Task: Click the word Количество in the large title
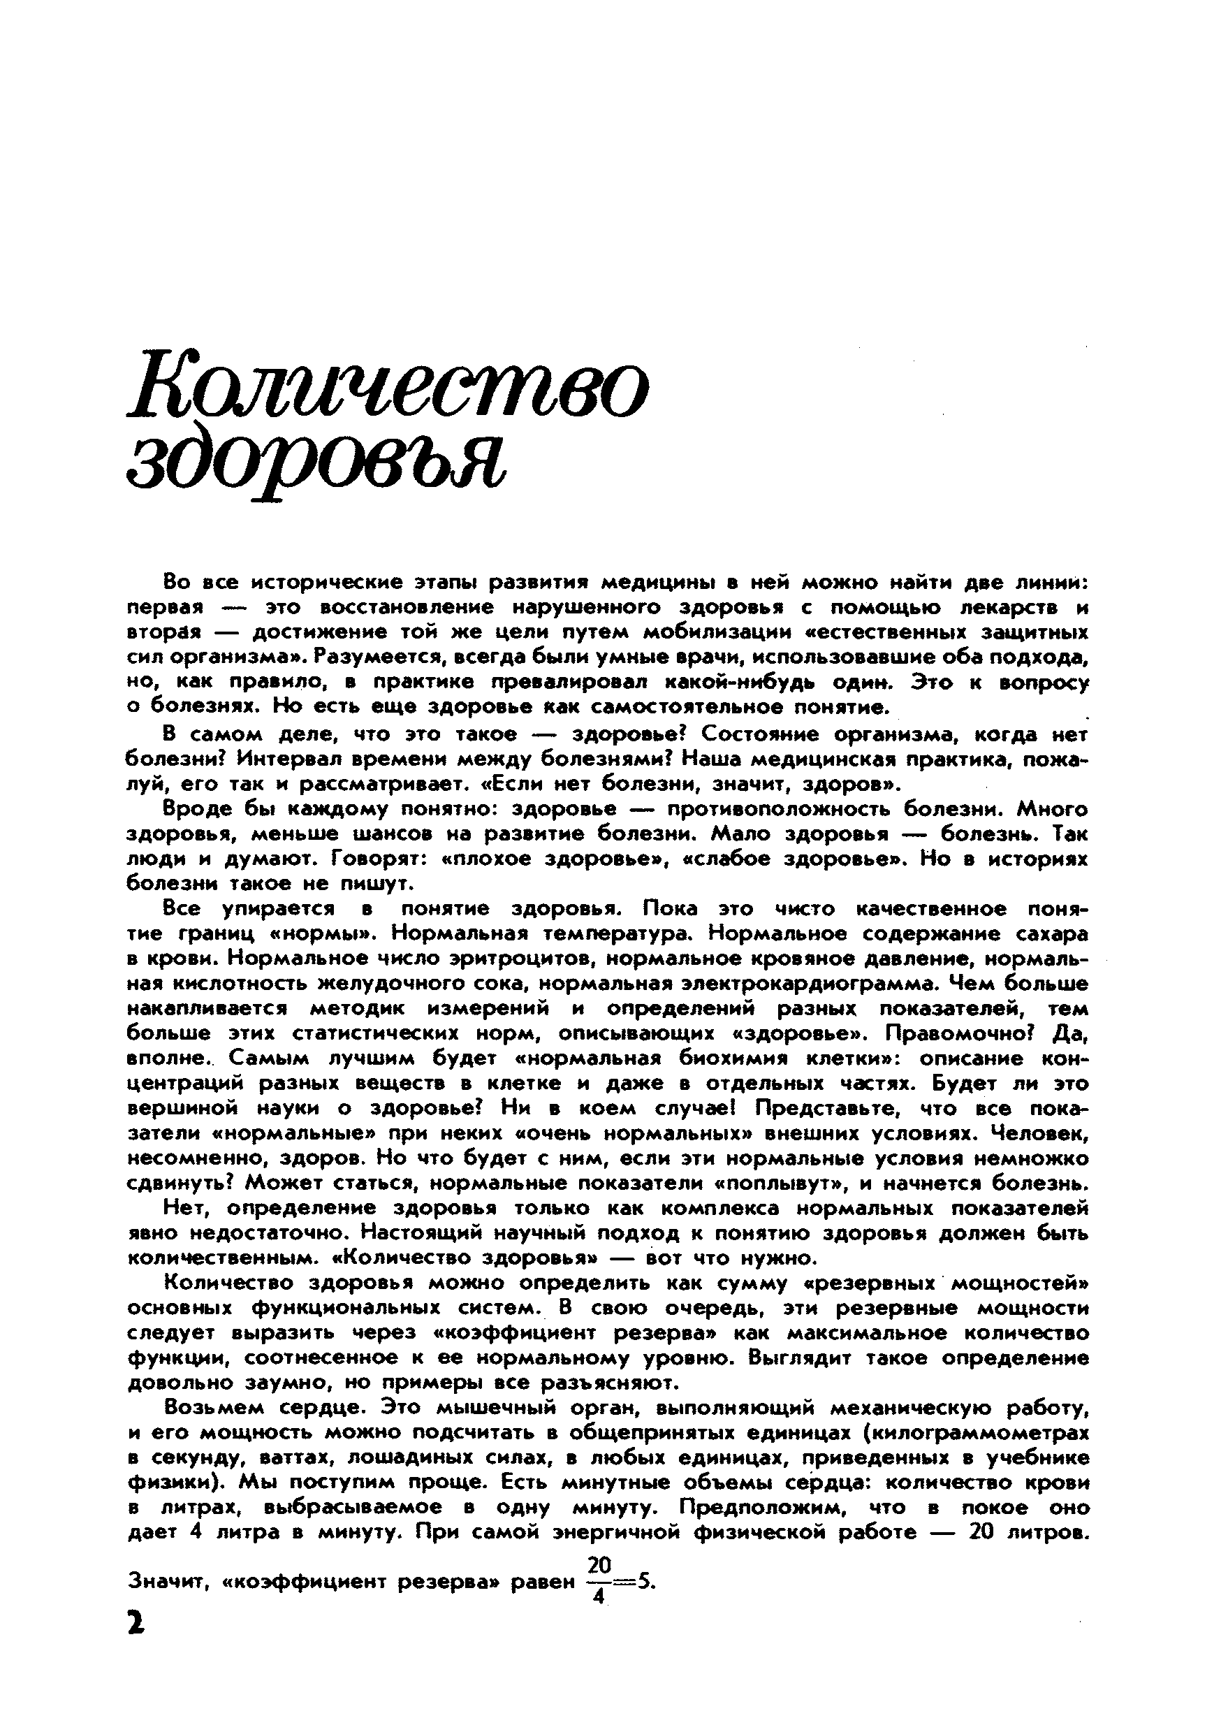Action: pos(388,391)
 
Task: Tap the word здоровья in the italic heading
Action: pos(315,462)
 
